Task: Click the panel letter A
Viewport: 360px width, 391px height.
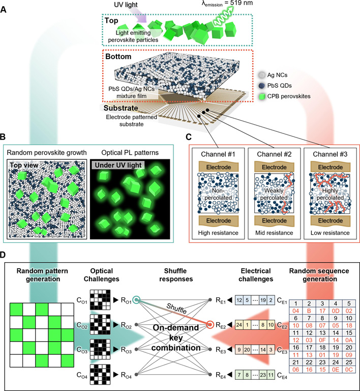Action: (x=4, y=10)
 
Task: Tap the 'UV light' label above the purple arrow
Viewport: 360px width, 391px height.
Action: (x=126, y=5)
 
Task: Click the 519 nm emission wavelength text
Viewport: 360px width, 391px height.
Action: (x=227, y=3)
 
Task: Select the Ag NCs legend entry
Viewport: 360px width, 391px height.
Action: (x=273, y=75)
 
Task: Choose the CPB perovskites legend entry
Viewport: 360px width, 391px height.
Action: (x=285, y=96)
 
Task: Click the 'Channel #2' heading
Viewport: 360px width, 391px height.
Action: (x=274, y=154)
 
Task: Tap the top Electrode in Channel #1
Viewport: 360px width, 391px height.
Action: (x=218, y=167)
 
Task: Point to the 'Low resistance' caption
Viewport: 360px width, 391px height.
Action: (x=330, y=233)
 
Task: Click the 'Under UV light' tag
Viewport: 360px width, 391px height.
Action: (x=118, y=165)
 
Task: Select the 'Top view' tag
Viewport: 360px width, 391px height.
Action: (x=24, y=165)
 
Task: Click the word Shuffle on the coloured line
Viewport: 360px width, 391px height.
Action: (x=176, y=309)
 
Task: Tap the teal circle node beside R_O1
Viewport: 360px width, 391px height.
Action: (x=136, y=300)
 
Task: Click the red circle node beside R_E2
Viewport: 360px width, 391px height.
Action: (x=211, y=325)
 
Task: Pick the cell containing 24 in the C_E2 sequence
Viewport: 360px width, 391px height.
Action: (x=239, y=325)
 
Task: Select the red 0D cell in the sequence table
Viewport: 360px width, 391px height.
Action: (x=336, y=311)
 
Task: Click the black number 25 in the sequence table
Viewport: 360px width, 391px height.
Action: (x=349, y=362)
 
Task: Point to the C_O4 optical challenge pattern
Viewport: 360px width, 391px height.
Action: (x=100, y=374)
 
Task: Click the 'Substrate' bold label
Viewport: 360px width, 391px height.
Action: (x=121, y=108)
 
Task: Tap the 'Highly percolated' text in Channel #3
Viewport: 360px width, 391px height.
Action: (x=330, y=194)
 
